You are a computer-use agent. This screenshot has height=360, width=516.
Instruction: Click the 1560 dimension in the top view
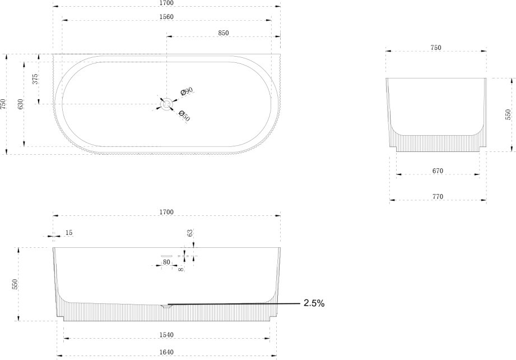click(x=166, y=17)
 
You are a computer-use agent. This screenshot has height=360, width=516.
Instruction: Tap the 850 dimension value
click(x=223, y=33)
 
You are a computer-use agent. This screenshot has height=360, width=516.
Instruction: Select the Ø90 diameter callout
click(x=187, y=92)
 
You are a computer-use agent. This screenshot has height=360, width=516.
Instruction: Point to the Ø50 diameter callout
click(x=184, y=116)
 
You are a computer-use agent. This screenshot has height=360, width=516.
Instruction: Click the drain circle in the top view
click(x=166, y=104)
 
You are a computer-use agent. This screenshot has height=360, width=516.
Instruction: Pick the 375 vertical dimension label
click(x=35, y=79)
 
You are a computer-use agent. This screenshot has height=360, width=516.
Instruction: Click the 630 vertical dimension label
click(x=20, y=104)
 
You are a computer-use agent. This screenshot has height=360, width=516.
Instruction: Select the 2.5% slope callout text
click(x=314, y=303)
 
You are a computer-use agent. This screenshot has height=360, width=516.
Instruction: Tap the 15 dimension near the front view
click(x=69, y=233)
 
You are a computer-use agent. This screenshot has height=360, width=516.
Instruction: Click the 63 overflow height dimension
click(x=190, y=233)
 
